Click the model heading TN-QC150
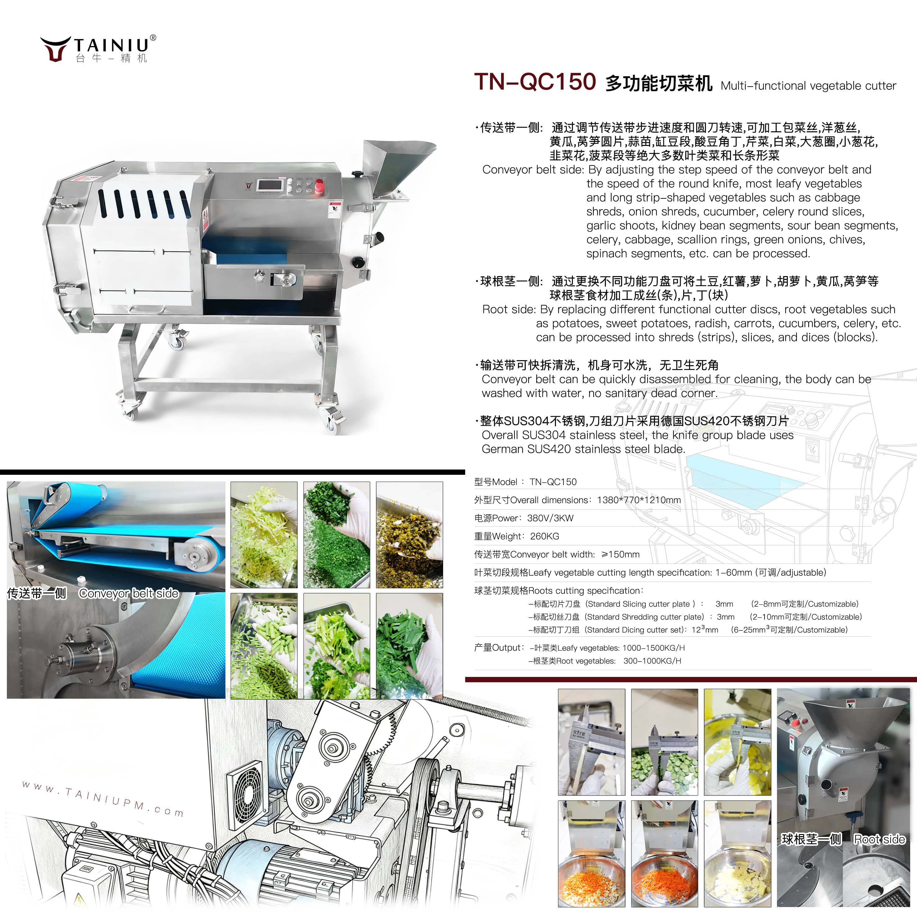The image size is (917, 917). [535, 82]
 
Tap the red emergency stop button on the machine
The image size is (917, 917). [320, 186]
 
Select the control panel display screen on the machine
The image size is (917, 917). [270, 185]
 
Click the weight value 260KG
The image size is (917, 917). [544, 536]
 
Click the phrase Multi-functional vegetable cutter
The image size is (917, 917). [808, 86]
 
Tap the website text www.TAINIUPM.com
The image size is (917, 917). [102, 799]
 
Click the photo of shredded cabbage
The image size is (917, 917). [264, 535]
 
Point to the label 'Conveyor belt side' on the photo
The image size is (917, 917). [129, 593]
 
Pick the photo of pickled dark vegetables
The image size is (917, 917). [409, 535]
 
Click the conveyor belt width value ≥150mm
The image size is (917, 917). [620, 554]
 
